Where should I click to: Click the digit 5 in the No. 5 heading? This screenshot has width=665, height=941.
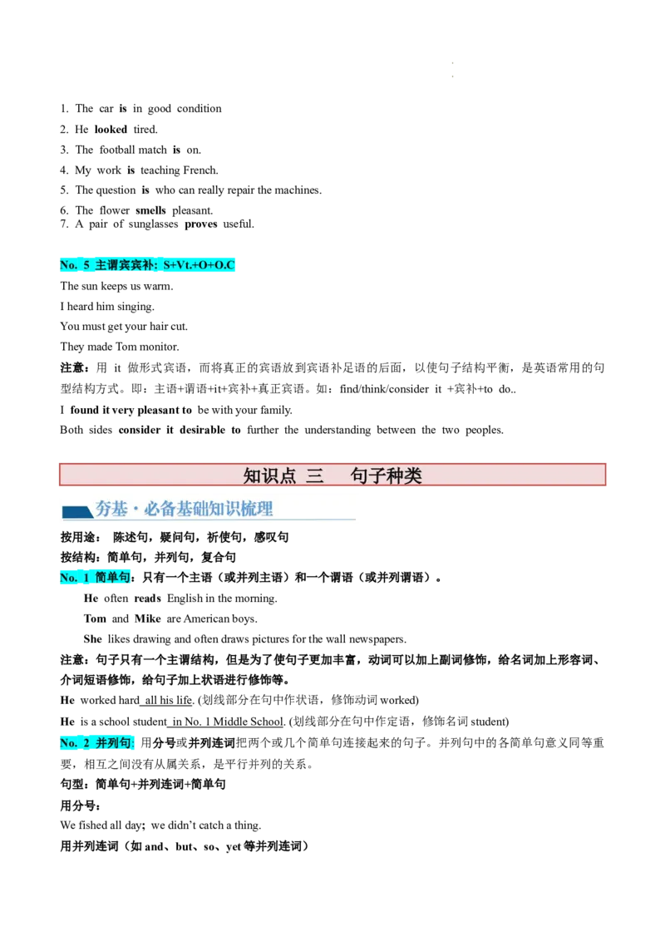pos(86,265)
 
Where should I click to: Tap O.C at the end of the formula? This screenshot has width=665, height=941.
pos(225,265)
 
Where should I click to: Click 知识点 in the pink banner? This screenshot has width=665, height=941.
pos(269,475)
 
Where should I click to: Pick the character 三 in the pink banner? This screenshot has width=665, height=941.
pos(314,475)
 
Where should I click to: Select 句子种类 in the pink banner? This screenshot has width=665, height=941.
pos(387,475)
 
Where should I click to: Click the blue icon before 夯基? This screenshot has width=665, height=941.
pos(77,511)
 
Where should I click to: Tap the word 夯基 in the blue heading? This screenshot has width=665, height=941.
pos(111,509)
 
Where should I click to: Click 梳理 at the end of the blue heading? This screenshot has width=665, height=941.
pos(257,509)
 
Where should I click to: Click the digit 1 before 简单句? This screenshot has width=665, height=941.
pos(86,578)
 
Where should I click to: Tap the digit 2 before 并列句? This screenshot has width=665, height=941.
pos(86,743)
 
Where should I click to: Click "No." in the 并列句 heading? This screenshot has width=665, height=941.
pos(68,743)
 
